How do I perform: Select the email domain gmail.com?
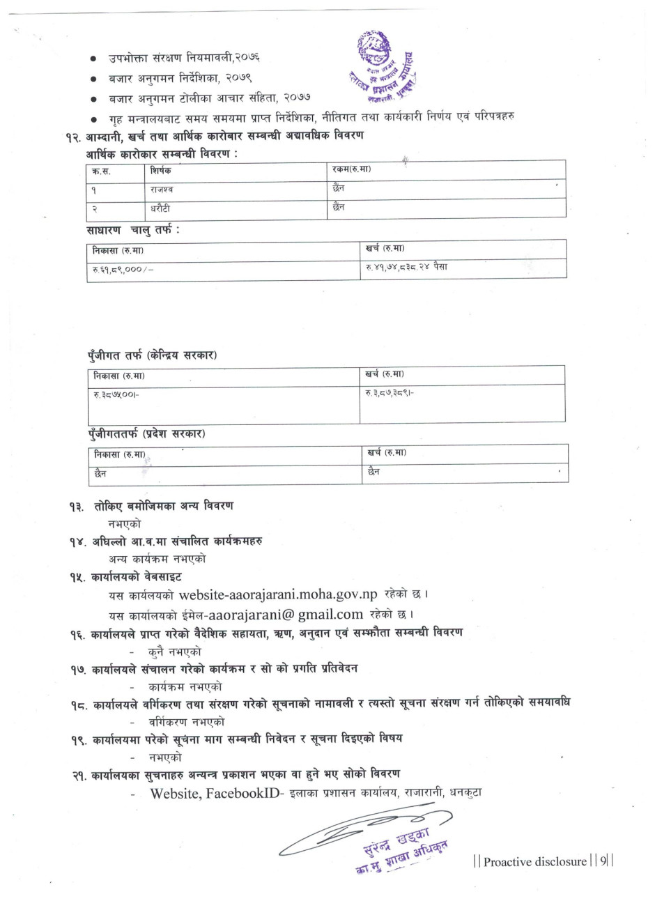330,615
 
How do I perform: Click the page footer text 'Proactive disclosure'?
535,861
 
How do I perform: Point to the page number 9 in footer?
603,861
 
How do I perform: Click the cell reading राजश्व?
162,189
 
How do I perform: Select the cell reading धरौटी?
161,208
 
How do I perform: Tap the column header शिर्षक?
160,170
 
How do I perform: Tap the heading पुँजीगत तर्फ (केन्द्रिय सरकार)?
152,355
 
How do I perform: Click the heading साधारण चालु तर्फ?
132,229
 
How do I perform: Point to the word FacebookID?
241,792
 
